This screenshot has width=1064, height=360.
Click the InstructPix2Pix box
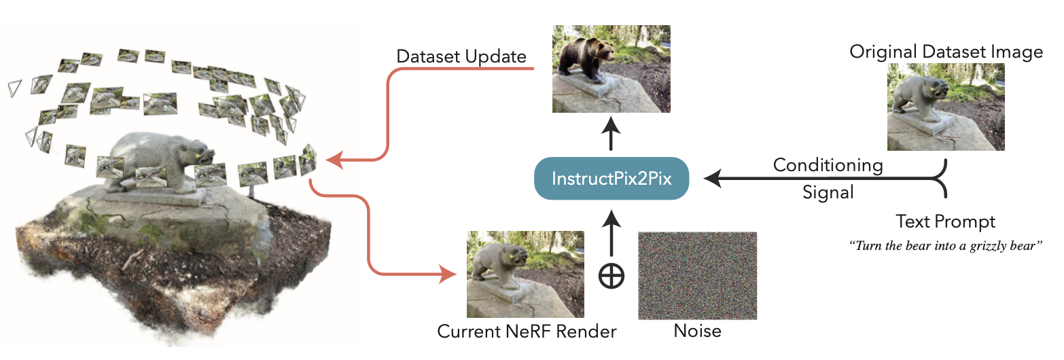click(x=611, y=179)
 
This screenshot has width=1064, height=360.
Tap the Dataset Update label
click(x=461, y=56)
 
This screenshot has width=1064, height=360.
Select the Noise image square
click(x=697, y=276)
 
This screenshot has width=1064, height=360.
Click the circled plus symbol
click(x=611, y=276)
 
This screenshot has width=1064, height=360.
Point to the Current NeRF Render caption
click(x=527, y=331)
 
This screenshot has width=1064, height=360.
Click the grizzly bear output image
click(x=611, y=69)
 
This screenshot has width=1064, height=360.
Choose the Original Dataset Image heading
click(x=946, y=52)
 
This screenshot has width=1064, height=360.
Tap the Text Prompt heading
click(x=945, y=222)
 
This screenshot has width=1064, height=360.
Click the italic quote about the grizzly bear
click(x=945, y=246)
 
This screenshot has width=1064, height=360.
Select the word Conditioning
click(x=828, y=165)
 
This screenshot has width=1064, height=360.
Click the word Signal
click(x=828, y=192)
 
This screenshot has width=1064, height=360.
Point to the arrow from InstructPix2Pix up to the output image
click(x=611, y=134)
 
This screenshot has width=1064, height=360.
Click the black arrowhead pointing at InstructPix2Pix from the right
click(x=713, y=179)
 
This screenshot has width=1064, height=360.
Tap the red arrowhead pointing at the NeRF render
click(x=448, y=274)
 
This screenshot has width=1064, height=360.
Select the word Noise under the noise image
click(x=697, y=331)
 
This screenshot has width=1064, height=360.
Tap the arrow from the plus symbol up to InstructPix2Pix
click(x=611, y=234)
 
